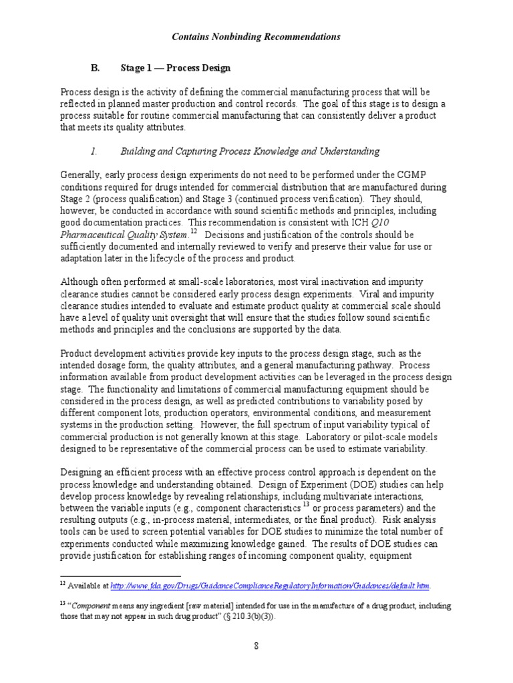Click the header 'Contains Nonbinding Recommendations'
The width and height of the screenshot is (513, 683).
point(256,37)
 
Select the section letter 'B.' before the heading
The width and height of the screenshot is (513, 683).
point(95,67)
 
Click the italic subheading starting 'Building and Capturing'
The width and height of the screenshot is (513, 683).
point(250,151)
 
